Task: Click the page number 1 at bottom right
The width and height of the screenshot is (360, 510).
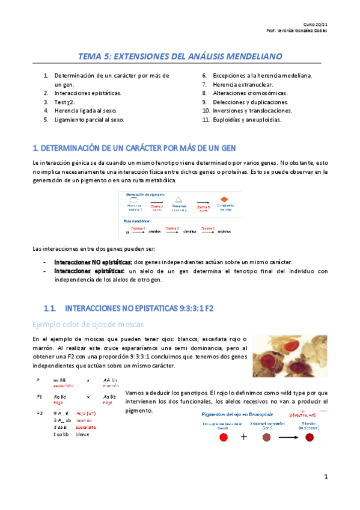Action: (x=325, y=477)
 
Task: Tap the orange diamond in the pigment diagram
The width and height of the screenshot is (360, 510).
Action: (x=224, y=199)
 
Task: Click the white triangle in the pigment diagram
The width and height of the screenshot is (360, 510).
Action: (x=178, y=200)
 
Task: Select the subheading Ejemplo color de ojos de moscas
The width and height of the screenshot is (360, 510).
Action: (x=88, y=325)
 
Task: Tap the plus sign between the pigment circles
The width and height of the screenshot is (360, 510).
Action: (x=243, y=437)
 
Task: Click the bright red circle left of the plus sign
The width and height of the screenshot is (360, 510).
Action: (x=224, y=437)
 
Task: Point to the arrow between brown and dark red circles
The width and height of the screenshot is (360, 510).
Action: (x=288, y=438)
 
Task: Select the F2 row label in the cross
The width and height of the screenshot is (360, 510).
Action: (x=39, y=413)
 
